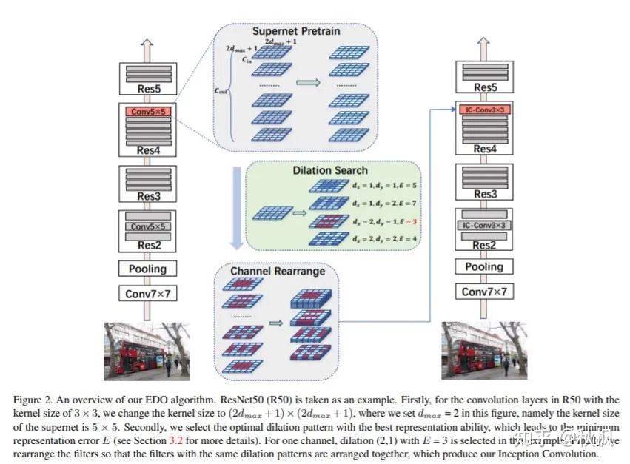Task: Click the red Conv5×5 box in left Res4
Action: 151,112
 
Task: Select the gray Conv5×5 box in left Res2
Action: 151,226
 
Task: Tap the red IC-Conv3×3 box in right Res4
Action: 485,110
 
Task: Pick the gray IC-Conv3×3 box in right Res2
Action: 485,223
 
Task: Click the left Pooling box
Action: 151,269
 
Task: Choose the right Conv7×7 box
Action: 485,292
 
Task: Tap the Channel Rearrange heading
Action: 278,271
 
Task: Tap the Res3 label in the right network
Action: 485,195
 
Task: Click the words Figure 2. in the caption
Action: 32,400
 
